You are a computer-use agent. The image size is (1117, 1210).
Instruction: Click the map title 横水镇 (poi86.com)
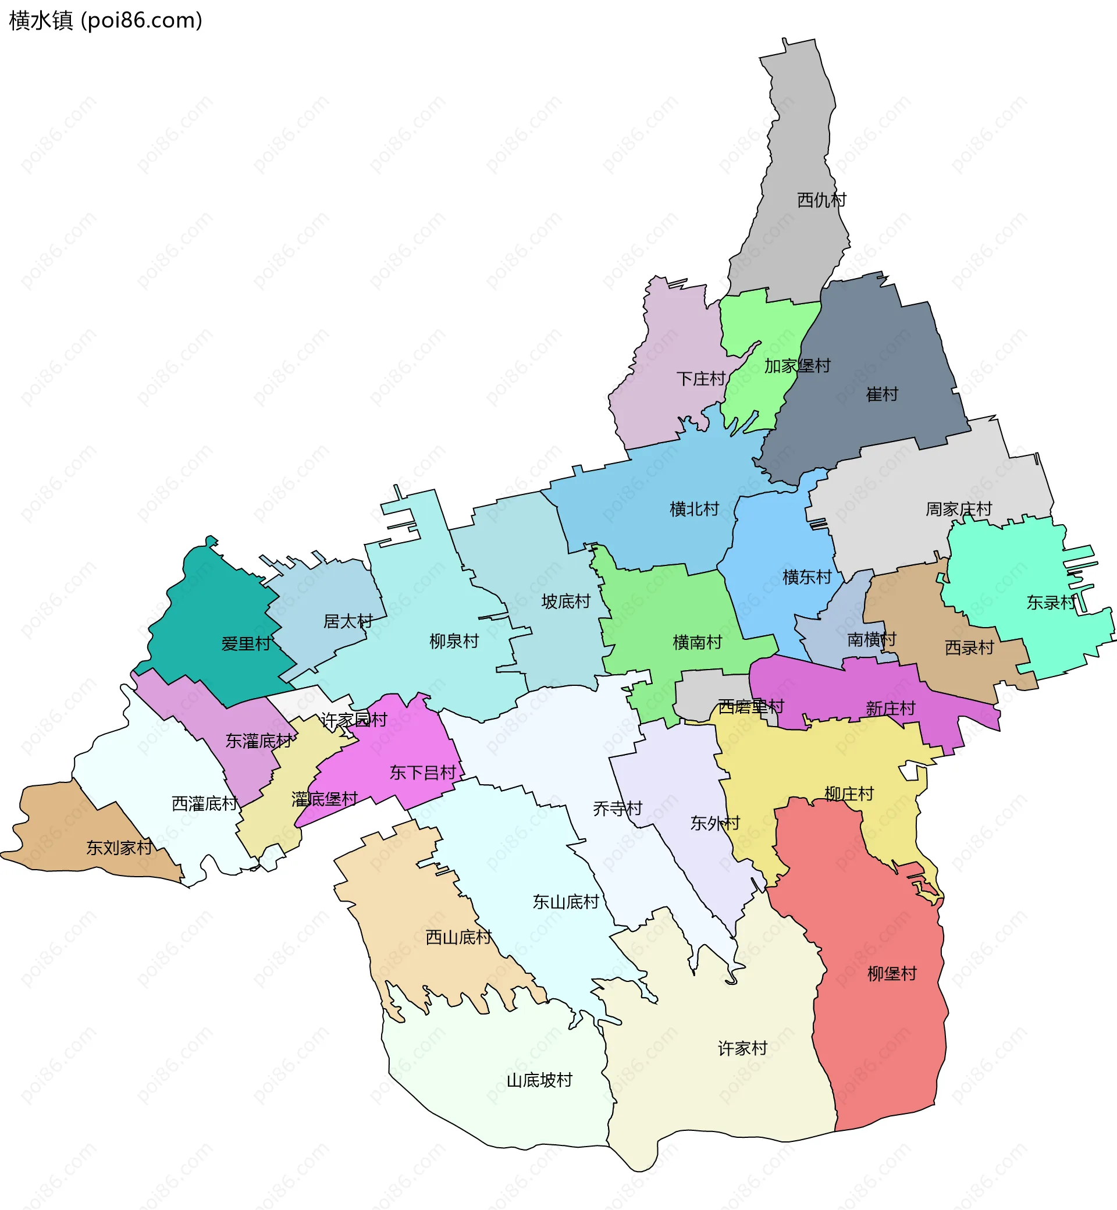[106, 20]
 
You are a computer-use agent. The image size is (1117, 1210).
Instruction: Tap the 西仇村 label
[821, 200]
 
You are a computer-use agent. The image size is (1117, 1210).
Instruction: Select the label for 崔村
[882, 394]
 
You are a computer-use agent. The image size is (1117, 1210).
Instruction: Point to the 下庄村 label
[700, 379]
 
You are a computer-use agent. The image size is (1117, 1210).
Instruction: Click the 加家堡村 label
[797, 366]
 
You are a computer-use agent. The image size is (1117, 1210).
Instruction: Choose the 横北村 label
[694, 509]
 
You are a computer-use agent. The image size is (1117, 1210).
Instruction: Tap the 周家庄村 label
[959, 509]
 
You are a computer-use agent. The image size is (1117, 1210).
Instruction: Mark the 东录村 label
[1051, 602]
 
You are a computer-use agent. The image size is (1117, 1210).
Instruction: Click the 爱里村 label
[246, 643]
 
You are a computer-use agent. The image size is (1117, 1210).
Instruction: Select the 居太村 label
[347, 621]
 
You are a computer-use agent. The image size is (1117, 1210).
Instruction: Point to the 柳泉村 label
[454, 640]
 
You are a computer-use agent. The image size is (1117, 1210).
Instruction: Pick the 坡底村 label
[565, 602]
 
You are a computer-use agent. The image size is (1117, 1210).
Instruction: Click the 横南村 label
[697, 642]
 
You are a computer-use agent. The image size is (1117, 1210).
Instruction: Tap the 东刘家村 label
[119, 848]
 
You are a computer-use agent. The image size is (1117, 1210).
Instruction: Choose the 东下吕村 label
[422, 773]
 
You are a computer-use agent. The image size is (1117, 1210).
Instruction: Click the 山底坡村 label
[539, 1080]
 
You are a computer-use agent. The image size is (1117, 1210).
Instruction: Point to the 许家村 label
[742, 1048]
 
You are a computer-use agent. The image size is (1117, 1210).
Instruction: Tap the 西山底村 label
[459, 937]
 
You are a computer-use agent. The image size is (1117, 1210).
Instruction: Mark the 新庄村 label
[890, 709]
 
